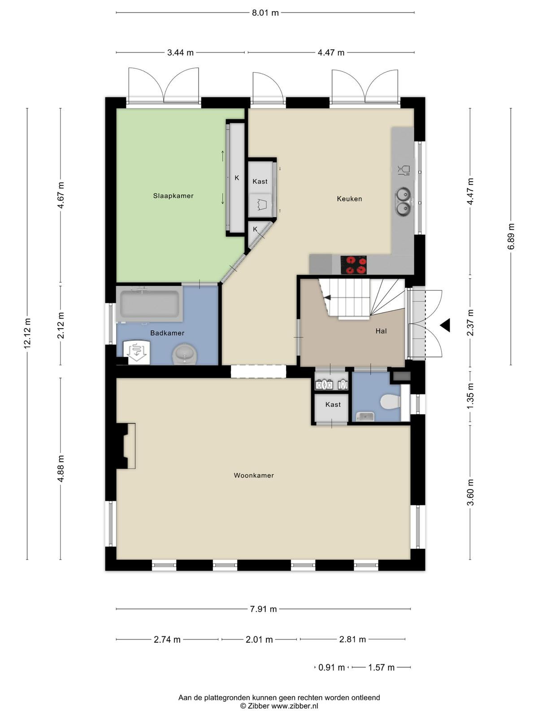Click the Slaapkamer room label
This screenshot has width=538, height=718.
[x=173, y=196]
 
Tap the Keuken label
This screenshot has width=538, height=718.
[x=349, y=198]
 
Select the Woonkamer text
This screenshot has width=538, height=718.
[x=254, y=475]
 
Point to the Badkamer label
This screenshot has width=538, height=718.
[x=167, y=333]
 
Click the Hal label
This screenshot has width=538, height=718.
[x=381, y=331]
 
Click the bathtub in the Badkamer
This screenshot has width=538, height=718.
[x=150, y=303]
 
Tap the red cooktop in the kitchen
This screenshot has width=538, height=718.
[x=353, y=265]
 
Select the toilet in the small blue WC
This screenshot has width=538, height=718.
[x=390, y=401]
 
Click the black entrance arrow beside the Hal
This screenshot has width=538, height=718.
[x=445, y=325]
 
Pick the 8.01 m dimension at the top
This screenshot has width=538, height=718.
[x=265, y=13]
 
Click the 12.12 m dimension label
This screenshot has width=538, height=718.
[x=27, y=333]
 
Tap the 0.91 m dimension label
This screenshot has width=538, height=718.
[x=332, y=667]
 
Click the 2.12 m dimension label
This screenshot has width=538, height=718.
[x=61, y=325]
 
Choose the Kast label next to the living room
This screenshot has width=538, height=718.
[x=333, y=405]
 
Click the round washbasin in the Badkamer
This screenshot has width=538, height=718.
[x=185, y=354]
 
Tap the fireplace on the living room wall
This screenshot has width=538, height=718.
[x=126, y=446]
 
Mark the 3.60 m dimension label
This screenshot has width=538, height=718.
[x=470, y=492]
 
